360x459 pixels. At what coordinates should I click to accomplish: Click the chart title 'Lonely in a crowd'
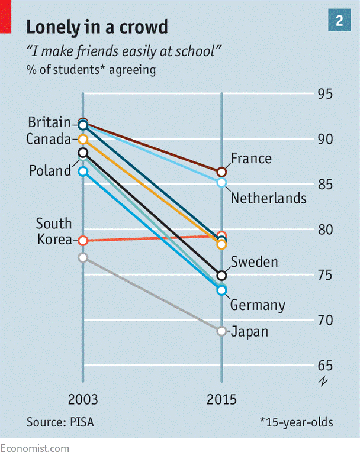pyautogui.click(x=97, y=27)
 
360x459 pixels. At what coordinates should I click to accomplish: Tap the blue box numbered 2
pyautogui.click(x=339, y=22)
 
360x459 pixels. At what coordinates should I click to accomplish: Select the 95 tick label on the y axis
pyautogui.click(x=324, y=95)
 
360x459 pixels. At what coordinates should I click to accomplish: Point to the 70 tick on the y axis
pyautogui.click(x=324, y=320)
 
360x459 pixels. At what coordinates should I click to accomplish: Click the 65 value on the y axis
pyautogui.click(x=324, y=365)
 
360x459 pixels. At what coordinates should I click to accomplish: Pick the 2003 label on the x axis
pyautogui.click(x=83, y=399)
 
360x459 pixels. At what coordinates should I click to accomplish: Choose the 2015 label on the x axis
pyautogui.click(x=221, y=399)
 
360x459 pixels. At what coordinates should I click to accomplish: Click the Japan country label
pyautogui.click(x=249, y=331)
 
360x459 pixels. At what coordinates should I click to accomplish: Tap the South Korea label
pyautogui.click(x=53, y=232)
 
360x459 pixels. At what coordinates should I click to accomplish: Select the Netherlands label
pyautogui.click(x=269, y=198)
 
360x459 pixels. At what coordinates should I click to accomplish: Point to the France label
pyautogui.click(x=251, y=159)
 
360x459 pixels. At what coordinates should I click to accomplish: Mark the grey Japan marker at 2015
pyautogui.click(x=221, y=331)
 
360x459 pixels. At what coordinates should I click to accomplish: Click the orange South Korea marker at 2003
pyautogui.click(x=83, y=241)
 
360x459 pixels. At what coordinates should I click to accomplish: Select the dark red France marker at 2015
pyautogui.click(x=221, y=172)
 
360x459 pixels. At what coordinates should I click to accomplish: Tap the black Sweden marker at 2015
pyautogui.click(x=221, y=276)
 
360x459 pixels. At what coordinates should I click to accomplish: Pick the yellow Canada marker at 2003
pyautogui.click(x=83, y=140)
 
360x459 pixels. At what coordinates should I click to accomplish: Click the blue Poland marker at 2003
pyautogui.click(x=83, y=172)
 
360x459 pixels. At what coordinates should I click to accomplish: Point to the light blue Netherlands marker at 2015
pyautogui.click(x=221, y=183)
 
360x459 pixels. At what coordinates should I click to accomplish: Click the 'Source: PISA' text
pyautogui.click(x=60, y=422)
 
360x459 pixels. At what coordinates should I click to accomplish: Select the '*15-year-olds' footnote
pyautogui.click(x=296, y=422)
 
